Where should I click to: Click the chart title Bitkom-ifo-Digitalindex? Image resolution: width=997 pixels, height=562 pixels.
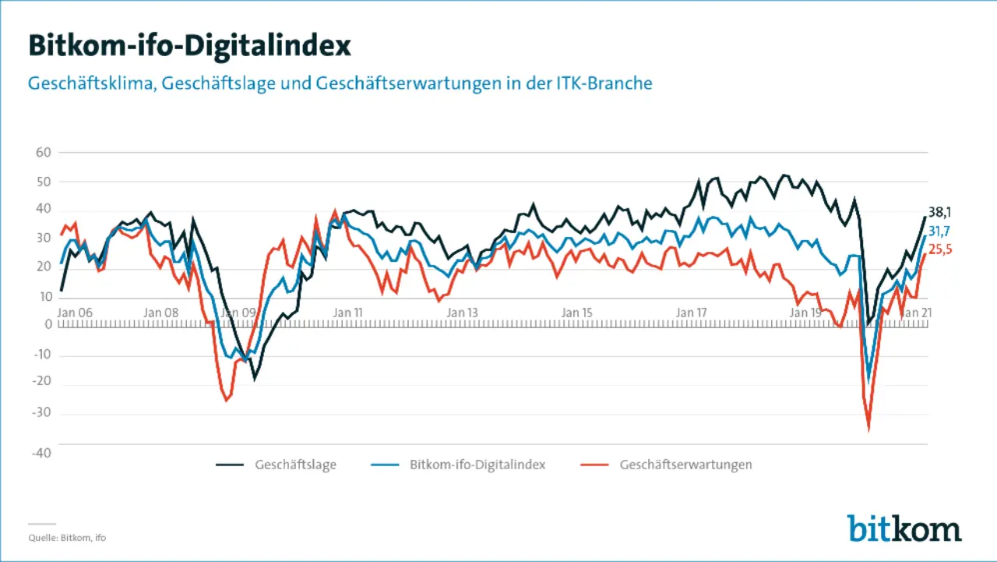189,45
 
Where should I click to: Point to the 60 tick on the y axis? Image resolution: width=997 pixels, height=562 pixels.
43,153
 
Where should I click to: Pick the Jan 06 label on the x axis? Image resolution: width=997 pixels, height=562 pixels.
76,313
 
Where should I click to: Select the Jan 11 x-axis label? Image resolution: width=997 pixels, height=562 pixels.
347,313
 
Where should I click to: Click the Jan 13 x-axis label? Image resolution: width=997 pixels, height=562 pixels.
462,313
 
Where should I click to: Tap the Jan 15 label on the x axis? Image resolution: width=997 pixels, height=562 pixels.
576,313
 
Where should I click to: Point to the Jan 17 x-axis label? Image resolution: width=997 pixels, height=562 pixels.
691,313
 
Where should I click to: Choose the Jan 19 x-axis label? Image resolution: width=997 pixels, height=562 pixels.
805,313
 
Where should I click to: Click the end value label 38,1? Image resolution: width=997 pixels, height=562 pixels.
940,212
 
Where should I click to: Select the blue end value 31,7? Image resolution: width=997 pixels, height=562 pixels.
940,232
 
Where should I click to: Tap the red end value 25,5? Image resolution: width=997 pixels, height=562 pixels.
940,250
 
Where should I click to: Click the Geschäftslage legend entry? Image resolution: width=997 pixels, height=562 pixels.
295,465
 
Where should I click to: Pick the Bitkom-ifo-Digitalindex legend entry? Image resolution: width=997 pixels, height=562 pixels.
477,465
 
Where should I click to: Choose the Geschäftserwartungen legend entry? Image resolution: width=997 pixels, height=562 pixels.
685,465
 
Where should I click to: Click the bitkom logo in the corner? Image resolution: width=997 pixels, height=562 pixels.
904,528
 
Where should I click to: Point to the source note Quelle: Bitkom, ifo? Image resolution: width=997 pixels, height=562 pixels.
67,538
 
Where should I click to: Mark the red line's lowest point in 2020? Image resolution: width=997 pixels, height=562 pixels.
868,429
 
